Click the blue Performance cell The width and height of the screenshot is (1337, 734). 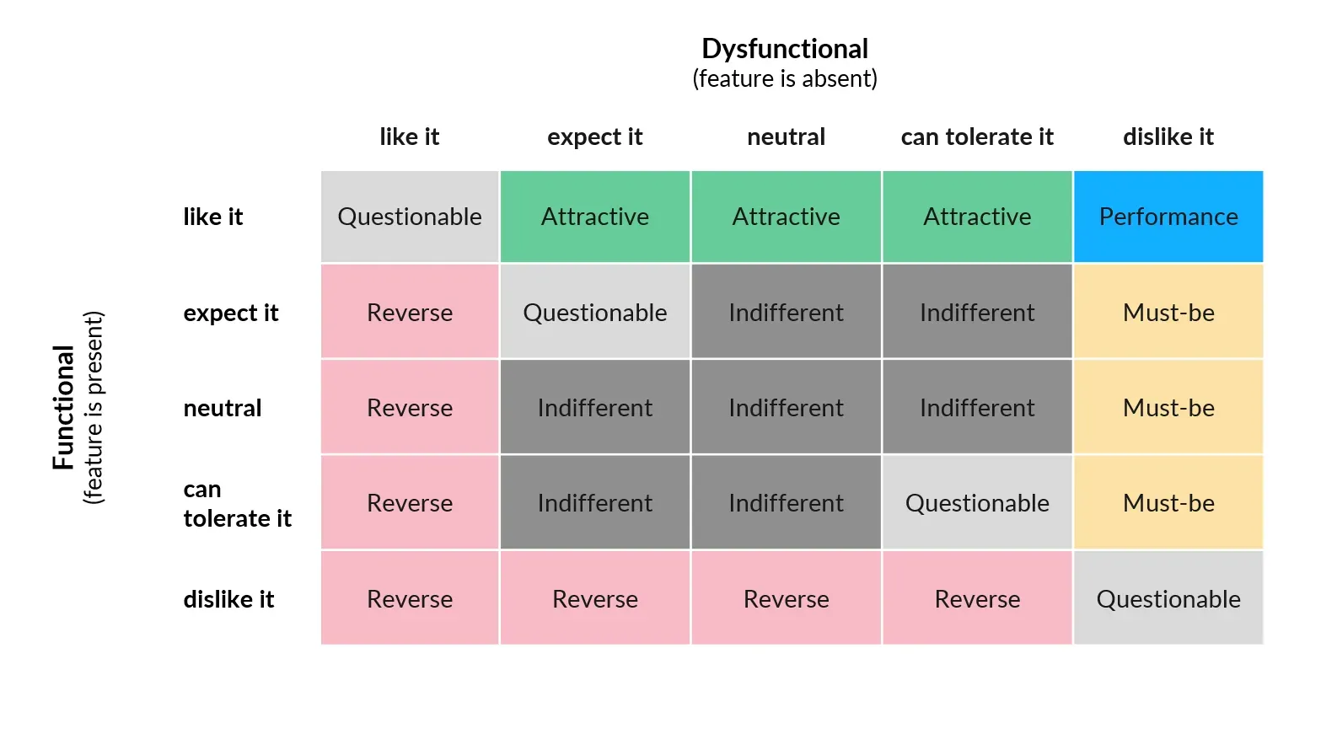click(x=1168, y=217)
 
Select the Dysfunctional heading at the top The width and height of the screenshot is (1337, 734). click(x=785, y=49)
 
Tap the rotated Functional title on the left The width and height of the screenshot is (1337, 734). click(x=63, y=408)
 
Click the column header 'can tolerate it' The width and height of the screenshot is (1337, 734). click(x=977, y=137)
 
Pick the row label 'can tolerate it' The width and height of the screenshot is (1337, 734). click(x=238, y=504)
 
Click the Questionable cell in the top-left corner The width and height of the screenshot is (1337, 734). click(x=410, y=217)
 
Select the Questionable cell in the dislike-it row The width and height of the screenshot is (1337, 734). click(x=1168, y=598)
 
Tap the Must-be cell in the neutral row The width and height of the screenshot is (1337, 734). click(x=1168, y=407)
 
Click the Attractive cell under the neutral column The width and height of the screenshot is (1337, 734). click(x=786, y=217)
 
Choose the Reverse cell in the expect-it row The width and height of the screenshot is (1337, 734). click(x=410, y=312)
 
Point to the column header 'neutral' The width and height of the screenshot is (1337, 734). click(x=786, y=137)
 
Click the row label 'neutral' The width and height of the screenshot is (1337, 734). click(x=223, y=408)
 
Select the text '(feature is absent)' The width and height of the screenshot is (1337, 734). click(x=785, y=78)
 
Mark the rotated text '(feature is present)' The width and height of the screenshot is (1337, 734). click(x=93, y=408)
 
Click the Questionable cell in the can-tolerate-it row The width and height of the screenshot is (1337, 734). click(x=977, y=502)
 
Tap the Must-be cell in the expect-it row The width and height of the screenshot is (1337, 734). click(x=1168, y=312)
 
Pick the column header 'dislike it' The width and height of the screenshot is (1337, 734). click(x=1168, y=137)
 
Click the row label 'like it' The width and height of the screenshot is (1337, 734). click(x=213, y=217)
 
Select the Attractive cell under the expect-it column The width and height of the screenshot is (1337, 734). click(x=595, y=217)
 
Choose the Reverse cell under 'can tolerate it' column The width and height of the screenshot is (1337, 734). click(x=977, y=598)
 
